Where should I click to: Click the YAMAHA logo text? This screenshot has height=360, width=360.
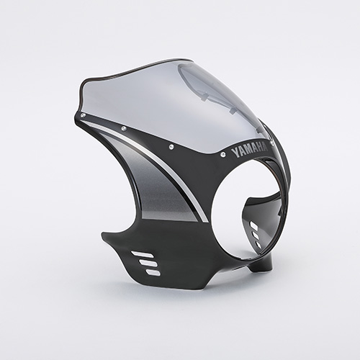250,150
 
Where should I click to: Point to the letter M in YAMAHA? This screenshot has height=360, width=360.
248,151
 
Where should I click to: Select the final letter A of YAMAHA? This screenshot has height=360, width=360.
266,147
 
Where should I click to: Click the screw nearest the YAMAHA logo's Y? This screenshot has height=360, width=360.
223,153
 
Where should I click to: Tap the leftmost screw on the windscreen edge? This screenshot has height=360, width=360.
84,115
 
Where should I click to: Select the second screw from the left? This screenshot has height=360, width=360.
123,128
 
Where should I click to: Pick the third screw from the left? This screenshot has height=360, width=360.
171,146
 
